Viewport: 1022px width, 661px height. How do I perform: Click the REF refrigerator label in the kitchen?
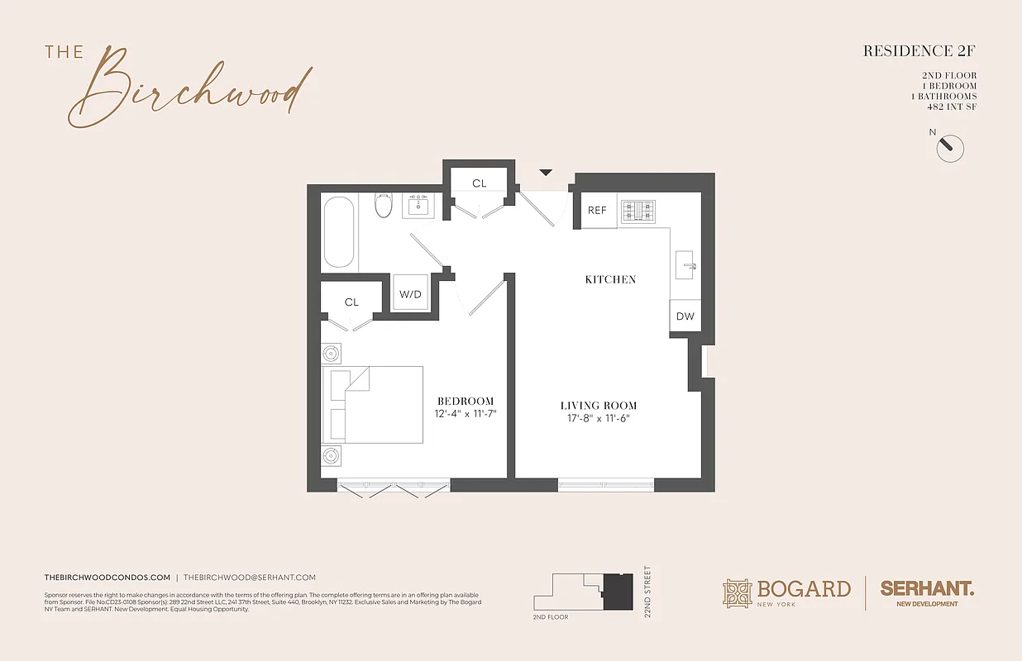[597, 211]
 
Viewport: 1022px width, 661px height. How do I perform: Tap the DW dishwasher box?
[685, 316]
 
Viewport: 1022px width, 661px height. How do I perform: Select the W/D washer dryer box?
[410, 293]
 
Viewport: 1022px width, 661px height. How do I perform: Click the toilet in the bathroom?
[383, 205]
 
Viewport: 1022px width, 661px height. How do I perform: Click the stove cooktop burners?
[638, 211]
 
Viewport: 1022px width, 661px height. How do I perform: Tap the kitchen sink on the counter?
[687, 266]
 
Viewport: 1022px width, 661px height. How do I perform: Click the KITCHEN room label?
[610, 279]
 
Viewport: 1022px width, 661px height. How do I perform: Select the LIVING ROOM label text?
[599, 406]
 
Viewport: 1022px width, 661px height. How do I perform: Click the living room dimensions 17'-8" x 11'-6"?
[599, 418]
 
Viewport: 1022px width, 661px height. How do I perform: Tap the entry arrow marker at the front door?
[546, 172]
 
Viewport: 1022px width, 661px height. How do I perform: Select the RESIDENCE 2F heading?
[919, 51]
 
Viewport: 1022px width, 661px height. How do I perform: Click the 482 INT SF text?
[952, 107]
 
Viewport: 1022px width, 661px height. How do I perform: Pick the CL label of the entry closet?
[480, 183]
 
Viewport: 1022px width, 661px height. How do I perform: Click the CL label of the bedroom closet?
[352, 302]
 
